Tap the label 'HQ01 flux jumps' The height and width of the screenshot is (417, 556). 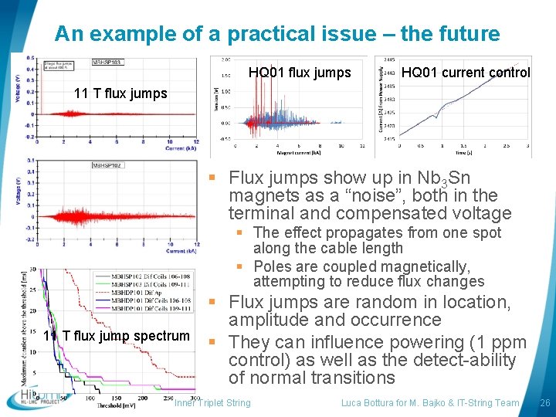pyautogui.click(x=300, y=73)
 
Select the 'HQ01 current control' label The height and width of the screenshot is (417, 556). pyautogui.click(x=466, y=73)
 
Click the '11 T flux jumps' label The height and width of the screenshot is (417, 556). pyautogui.click(x=120, y=94)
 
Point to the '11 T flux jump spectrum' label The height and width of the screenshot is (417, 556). pyautogui.click(x=116, y=336)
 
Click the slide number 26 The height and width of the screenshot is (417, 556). pyautogui.click(x=544, y=403)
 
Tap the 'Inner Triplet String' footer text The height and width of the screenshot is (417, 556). pyautogui.click(x=212, y=403)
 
